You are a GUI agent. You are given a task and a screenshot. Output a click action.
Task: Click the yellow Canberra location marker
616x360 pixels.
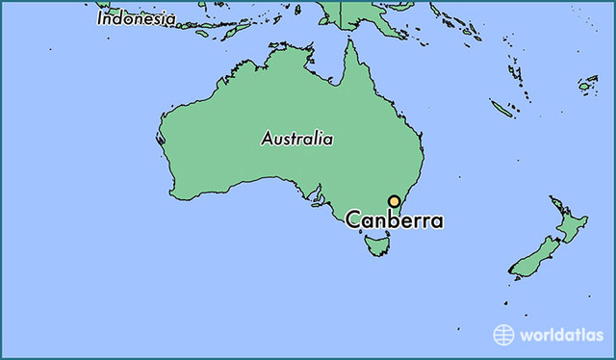click(395, 201)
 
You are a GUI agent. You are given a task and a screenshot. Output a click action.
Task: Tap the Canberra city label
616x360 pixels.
click(395, 220)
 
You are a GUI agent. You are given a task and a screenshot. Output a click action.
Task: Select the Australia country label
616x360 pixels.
click(297, 139)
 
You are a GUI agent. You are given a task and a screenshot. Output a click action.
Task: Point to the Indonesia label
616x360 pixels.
click(136, 18)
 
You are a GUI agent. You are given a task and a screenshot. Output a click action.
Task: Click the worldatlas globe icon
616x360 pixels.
click(504, 334)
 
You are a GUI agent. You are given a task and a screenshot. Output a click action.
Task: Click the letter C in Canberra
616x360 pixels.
click(353, 220)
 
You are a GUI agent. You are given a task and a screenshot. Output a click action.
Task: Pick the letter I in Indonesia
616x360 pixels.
click(100, 18)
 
